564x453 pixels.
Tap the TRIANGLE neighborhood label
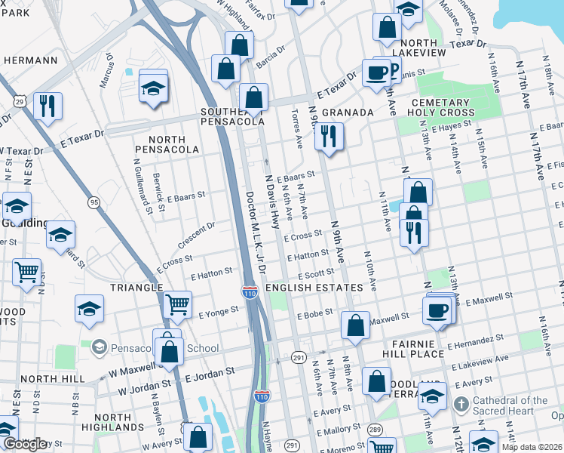(x=136, y=288)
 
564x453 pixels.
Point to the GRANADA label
(x=348, y=112)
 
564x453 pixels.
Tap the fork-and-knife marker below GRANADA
(x=328, y=137)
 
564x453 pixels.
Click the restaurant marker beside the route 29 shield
(x=48, y=106)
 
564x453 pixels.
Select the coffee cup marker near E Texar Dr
(x=376, y=73)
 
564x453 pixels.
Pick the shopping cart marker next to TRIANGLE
(x=178, y=305)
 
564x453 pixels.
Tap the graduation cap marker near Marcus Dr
(x=153, y=88)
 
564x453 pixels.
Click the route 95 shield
(x=93, y=202)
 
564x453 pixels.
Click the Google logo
(x=25, y=444)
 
